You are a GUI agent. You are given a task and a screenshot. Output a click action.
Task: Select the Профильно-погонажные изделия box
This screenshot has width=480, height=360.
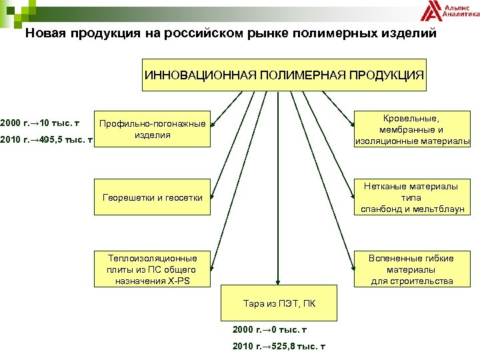coord(153,129)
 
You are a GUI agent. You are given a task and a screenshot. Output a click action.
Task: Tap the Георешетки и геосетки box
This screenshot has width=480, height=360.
coord(153,197)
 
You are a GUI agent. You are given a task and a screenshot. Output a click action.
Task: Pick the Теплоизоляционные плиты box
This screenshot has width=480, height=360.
coord(153,268)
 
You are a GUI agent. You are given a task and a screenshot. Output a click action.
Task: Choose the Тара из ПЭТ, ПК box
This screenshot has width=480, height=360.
coord(279,304)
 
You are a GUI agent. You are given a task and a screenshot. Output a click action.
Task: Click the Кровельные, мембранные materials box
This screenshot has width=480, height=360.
coord(412,129)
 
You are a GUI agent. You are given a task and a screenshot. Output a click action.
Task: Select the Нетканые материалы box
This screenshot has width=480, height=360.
coord(412,197)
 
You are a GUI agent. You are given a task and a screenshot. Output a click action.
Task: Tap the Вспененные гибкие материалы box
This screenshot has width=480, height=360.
coord(412,268)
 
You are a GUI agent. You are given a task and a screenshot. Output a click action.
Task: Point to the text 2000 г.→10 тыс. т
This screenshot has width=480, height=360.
coord(41,123)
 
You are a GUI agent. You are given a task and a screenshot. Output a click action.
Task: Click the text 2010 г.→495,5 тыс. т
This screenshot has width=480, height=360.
coord(45,140)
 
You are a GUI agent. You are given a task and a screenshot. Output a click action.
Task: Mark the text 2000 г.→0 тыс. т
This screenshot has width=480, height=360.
coord(269,329)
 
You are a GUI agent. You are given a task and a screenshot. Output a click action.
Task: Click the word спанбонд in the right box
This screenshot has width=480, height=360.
coord(382,209)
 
